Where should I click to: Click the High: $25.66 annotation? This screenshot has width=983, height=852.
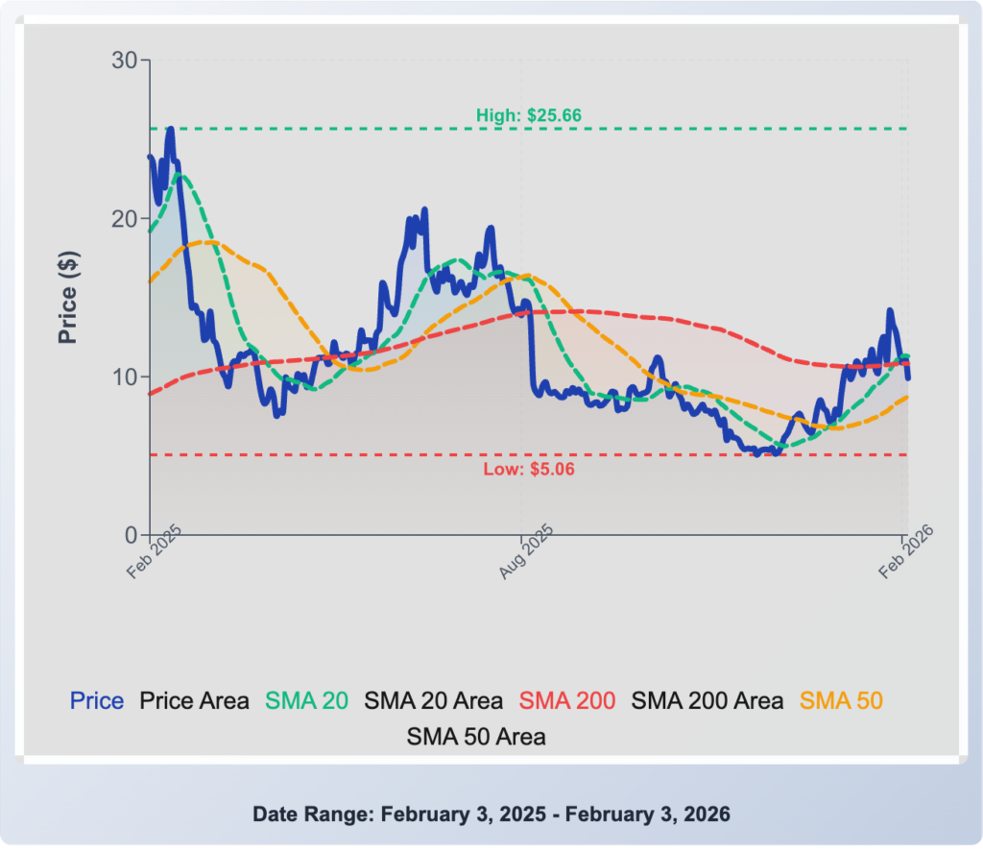tap(529, 115)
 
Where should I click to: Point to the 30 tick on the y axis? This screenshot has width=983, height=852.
tap(126, 61)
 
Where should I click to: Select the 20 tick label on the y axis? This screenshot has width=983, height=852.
tap(126, 219)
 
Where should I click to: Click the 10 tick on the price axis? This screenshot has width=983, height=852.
tap(126, 377)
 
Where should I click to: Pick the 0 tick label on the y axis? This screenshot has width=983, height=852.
tap(132, 534)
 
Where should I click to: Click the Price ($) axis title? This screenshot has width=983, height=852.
tap(68, 297)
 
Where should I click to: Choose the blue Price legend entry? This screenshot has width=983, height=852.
tap(97, 701)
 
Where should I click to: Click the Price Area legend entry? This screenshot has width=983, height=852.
tap(195, 701)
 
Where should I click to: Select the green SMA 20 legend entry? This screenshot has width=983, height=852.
tap(306, 701)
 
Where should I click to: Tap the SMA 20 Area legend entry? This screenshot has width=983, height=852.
tap(433, 701)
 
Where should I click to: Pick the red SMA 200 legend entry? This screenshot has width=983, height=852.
tap(567, 701)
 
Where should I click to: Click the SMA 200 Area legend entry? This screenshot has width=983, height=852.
tap(707, 701)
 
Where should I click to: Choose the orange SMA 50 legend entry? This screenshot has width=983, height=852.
tap(841, 701)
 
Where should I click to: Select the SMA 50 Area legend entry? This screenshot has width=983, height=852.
tap(476, 737)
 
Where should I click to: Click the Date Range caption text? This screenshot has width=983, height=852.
tap(491, 815)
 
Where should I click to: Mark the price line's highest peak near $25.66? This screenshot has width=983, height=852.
tap(170, 130)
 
